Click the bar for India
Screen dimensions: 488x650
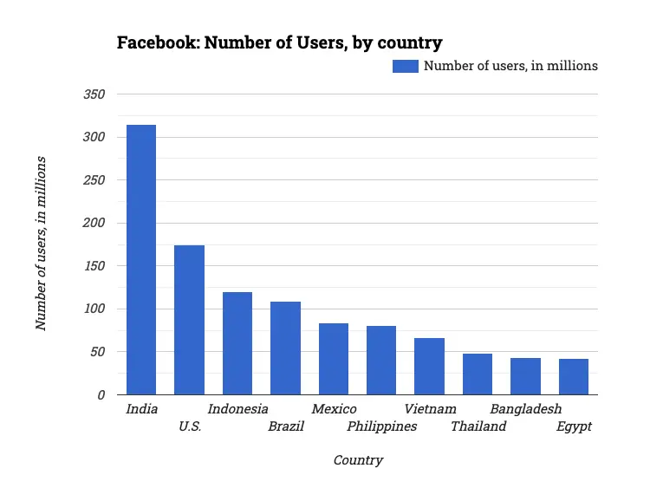[x=141, y=260]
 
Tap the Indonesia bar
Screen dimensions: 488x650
[x=237, y=343]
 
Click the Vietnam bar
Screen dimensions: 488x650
[x=429, y=367]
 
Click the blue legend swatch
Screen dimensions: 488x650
[x=405, y=66]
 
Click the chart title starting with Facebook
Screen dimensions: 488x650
[x=279, y=42]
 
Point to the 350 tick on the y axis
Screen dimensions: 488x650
[x=94, y=94]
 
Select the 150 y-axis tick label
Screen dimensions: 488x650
[x=94, y=266]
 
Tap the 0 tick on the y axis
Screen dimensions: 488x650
[x=101, y=395]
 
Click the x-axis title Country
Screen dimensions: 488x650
[x=358, y=460]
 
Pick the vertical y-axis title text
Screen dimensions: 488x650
[x=41, y=244]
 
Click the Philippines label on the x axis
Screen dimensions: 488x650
[x=381, y=426]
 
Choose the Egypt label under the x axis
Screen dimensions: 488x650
[x=574, y=426]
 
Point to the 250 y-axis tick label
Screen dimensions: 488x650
[x=94, y=180]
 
